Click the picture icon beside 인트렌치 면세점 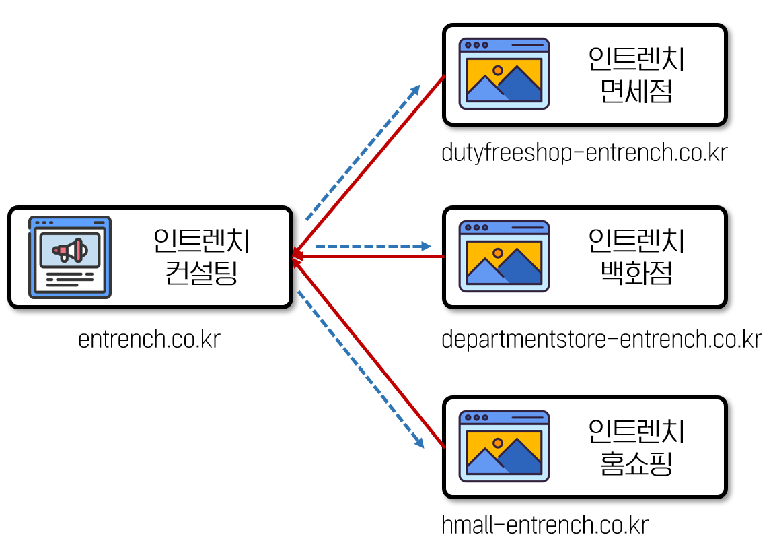click(x=504, y=73)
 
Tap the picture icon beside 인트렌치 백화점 click(x=504, y=256)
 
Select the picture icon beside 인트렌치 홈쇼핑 click(x=504, y=446)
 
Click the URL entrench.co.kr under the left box click(x=149, y=339)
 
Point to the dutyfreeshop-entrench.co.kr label click(x=585, y=153)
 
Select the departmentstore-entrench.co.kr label click(x=601, y=339)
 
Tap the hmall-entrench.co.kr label click(x=545, y=524)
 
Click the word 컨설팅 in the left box click(x=201, y=274)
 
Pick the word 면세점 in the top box click(x=636, y=91)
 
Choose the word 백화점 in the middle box click(x=636, y=274)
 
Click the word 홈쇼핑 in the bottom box click(x=636, y=463)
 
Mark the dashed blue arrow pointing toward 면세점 click(x=363, y=152)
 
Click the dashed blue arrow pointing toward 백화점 click(x=373, y=247)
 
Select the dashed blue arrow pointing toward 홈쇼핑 click(x=361, y=370)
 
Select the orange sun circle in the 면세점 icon click(x=497, y=70)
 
